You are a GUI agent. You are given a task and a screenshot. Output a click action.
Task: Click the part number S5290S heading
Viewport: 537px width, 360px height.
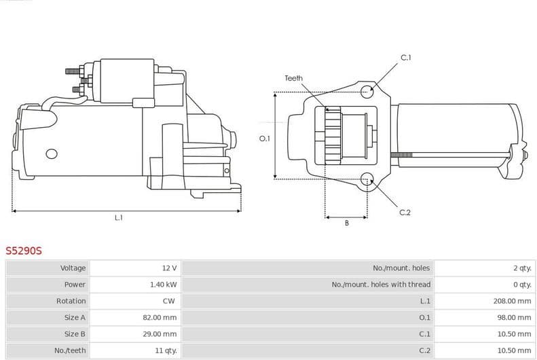(24, 251)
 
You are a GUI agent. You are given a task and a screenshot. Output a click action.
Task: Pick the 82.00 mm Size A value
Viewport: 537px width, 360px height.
(161, 317)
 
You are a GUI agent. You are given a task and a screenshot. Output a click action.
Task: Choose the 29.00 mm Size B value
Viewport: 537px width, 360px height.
(161, 334)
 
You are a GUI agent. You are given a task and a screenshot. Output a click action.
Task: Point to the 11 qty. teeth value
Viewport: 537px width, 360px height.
(165, 350)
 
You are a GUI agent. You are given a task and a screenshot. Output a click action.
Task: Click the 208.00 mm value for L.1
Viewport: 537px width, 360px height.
(512, 301)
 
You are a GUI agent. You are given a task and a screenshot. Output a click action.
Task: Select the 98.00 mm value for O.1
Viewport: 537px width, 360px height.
(514, 317)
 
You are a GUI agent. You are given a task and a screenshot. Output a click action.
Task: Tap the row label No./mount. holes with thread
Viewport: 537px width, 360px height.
(381, 285)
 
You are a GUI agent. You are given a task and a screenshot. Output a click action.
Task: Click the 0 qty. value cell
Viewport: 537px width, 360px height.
(521, 285)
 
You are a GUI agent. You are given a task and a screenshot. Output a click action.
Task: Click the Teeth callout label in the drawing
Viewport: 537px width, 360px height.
(293, 79)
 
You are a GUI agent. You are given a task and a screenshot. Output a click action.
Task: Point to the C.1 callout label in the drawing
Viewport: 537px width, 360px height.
(405, 58)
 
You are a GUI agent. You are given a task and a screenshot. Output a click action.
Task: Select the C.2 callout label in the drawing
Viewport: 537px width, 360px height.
(405, 213)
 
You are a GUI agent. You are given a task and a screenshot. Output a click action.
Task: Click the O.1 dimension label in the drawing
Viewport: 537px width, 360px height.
(265, 139)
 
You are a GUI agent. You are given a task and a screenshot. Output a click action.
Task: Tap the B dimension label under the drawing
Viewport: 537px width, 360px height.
(346, 223)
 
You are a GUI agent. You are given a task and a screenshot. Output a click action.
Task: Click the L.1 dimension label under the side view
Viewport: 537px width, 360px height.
(118, 217)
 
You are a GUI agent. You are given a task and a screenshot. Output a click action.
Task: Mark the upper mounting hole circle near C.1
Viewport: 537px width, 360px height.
(367, 92)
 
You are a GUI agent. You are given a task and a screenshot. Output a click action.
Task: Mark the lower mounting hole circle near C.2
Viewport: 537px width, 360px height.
(367, 179)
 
